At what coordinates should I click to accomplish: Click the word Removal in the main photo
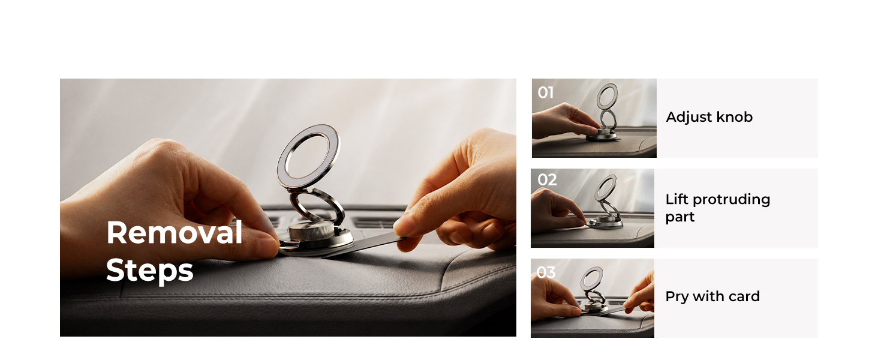click(x=175, y=233)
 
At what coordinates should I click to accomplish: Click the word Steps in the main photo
click(x=150, y=271)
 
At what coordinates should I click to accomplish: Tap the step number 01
click(x=546, y=92)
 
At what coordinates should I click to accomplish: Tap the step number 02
click(x=547, y=179)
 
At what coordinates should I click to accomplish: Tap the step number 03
click(x=546, y=272)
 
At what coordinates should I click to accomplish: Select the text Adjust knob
click(x=709, y=117)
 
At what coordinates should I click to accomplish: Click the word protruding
click(x=732, y=200)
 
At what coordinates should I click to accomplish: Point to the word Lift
click(x=677, y=199)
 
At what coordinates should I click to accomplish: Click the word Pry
click(x=677, y=297)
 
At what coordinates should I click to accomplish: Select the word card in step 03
click(x=744, y=296)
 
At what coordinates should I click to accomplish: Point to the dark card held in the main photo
click(x=365, y=245)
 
